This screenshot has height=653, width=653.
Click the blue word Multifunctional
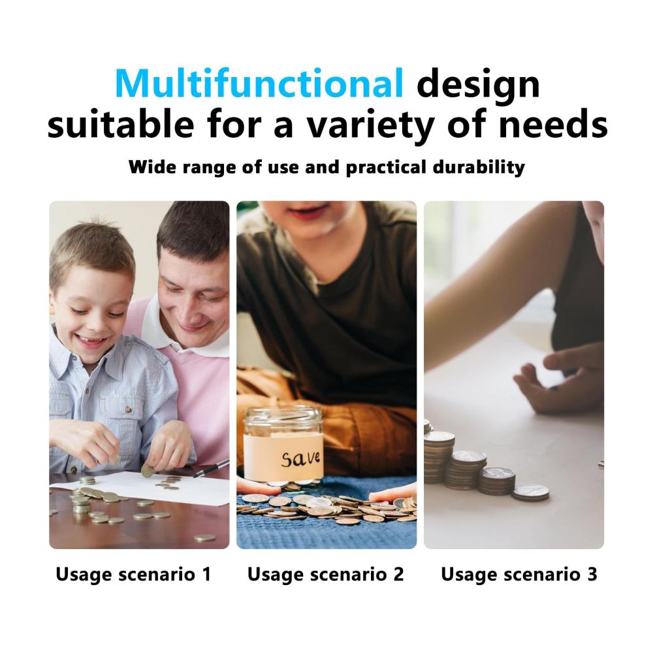coord(259,84)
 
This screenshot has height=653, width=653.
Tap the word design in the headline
coord(478,86)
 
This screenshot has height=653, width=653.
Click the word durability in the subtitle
coord(479,167)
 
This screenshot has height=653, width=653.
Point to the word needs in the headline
coord(553,124)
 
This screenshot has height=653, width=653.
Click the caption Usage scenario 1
coord(133,575)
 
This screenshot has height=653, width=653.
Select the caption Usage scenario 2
coord(326,575)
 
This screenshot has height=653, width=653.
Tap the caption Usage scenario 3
coord(519,575)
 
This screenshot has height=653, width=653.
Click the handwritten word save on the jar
coord(300,458)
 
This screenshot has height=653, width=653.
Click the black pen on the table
coord(211,468)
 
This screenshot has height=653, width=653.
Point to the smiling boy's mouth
coord(91,342)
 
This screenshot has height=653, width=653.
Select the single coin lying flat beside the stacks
coord(530,492)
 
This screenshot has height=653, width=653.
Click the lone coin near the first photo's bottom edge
coord(205,538)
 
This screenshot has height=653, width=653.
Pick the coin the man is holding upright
coord(147,471)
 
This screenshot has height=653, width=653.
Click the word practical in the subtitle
coord(386,168)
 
